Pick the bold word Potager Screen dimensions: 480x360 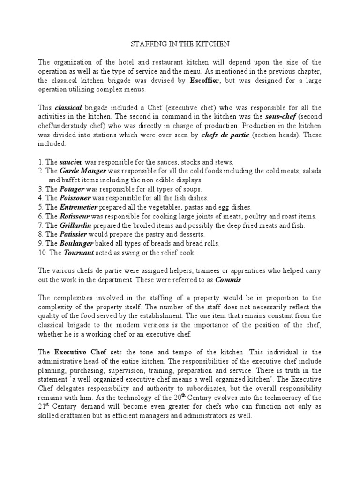coord(72,188)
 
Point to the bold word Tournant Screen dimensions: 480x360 coord(78,252)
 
